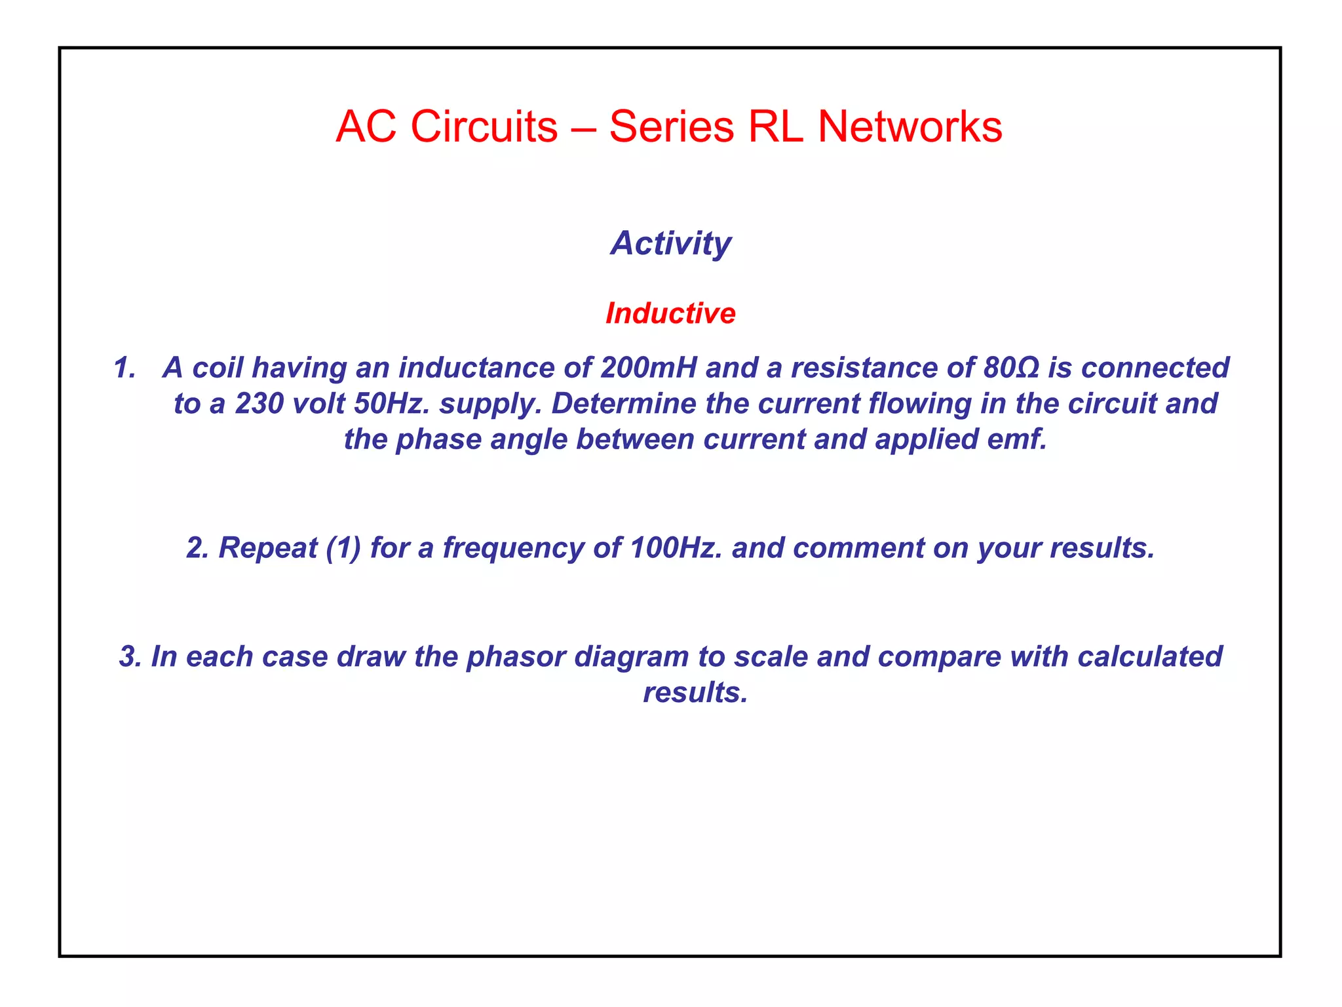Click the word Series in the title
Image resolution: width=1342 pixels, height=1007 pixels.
671,126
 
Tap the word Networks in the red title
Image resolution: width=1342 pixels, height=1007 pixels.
910,126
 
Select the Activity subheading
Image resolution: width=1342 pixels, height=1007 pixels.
671,243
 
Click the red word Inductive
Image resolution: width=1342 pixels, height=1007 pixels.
670,313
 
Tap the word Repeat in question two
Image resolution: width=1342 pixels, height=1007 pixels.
268,548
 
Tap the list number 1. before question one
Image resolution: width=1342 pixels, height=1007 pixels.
124,368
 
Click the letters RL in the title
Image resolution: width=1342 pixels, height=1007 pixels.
775,126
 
